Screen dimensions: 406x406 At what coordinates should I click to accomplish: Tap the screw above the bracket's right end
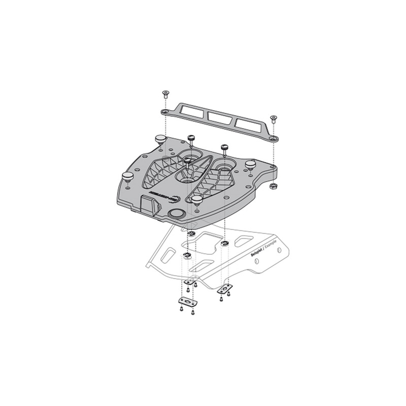(x=273, y=119)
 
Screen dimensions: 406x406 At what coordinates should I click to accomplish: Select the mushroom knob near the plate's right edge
(x=250, y=164)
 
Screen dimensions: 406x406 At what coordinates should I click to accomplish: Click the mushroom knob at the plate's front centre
(x=197, y=198)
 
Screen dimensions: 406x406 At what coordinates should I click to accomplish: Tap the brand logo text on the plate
(x=168, y=194)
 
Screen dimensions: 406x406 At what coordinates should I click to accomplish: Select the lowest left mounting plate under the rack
(x=188, y=302)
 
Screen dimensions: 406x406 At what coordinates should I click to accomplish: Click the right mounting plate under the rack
(x=224, y=289)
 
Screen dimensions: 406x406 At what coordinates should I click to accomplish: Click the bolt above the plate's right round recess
(x=224, y=148)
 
